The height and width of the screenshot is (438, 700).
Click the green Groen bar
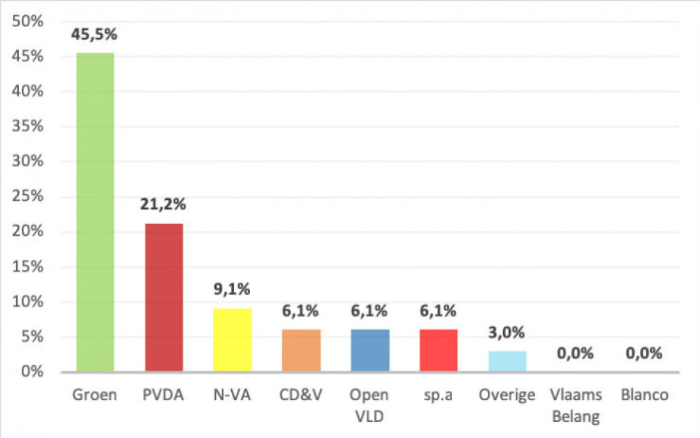95,212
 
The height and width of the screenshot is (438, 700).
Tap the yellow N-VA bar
233,339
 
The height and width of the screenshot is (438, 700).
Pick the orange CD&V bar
301,350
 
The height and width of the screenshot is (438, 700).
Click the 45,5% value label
95,34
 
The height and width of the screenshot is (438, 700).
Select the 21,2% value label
164,204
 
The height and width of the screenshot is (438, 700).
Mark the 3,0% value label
506,333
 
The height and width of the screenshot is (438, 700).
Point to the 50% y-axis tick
28,21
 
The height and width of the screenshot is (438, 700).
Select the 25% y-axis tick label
28,196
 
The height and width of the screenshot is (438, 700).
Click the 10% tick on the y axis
28,301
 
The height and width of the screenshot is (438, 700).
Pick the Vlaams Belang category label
576,405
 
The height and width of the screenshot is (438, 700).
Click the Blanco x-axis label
644,395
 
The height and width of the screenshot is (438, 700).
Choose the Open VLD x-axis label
369,405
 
